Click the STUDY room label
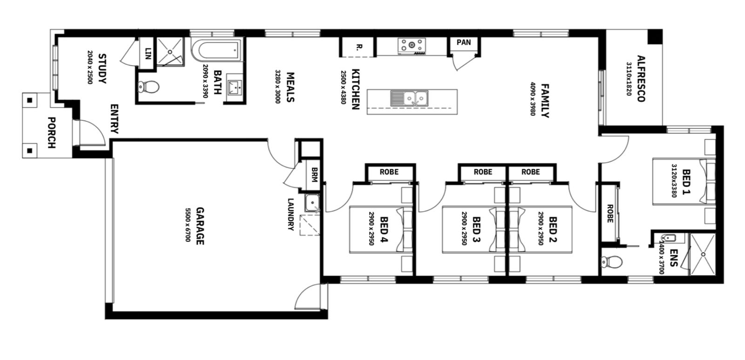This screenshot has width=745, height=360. [x=102, y=68]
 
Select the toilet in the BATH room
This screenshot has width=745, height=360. [x=149, y=87]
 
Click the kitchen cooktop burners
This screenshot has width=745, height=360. [x=412, y=46]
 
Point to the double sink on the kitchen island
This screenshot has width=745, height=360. [x=409, y=98]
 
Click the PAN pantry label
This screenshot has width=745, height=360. [x=464, y=42]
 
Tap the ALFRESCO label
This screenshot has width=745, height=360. [x=641, y=79]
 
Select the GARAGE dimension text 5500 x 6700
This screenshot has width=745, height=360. [x=188, y=225]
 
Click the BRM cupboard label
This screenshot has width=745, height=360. [x=314, y=174]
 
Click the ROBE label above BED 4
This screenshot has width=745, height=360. [x=389, y=172]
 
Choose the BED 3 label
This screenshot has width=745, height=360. [x=476, y=230]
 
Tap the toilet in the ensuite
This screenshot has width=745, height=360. [x=612, y=262]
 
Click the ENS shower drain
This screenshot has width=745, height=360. [x=704, y=254]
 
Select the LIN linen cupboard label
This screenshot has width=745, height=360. [x=149, y=54]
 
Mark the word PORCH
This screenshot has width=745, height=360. [x=52, y=132]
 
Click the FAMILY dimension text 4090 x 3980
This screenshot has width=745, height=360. [x=533, y=99]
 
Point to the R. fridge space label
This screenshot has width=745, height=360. [x=358, y=47]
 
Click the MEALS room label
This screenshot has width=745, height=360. [x=290, y=87]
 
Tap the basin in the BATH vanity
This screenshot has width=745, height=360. [x=236, y=87]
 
